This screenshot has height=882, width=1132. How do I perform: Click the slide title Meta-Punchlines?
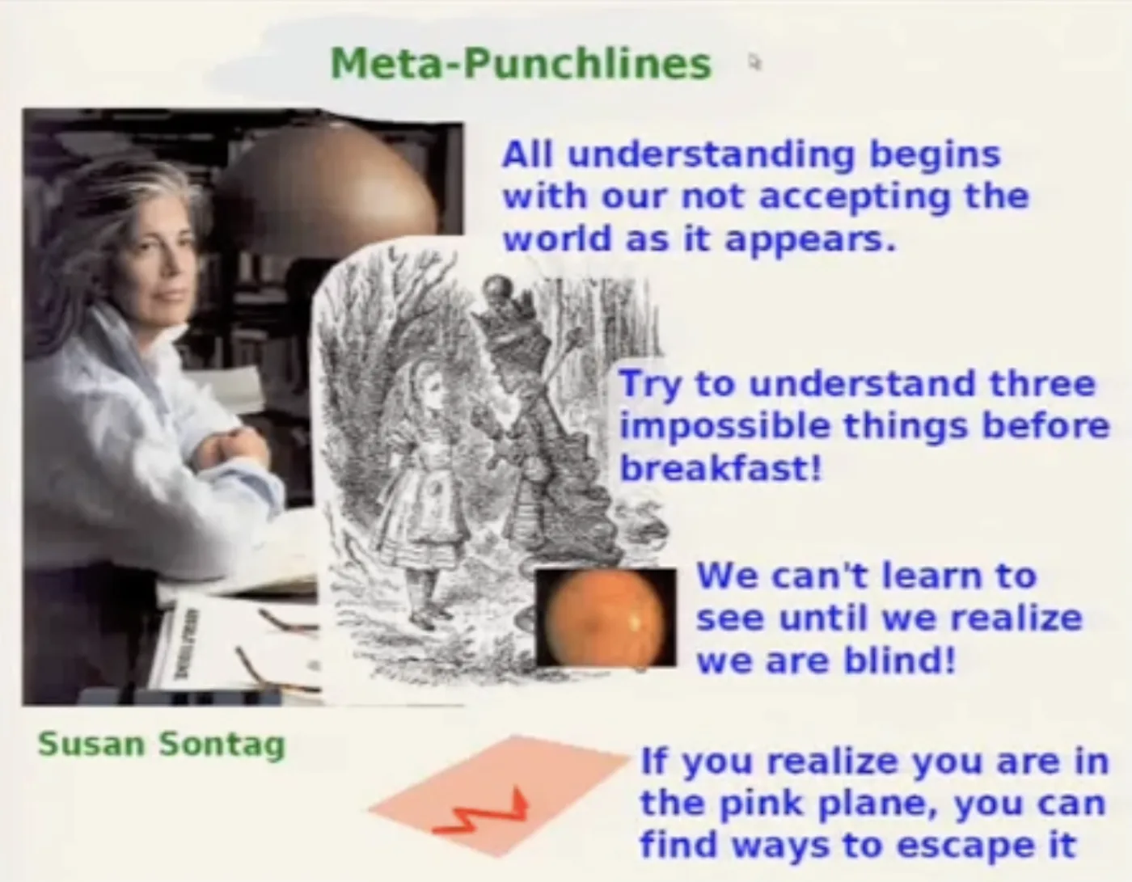[x=521, y=64]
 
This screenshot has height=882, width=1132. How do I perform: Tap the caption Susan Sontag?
[x=162, y=745]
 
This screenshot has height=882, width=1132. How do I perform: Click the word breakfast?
[x=720, y=468]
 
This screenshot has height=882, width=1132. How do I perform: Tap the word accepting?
[x=855, y=198]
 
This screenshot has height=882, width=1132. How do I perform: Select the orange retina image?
[x=606, y=617]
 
